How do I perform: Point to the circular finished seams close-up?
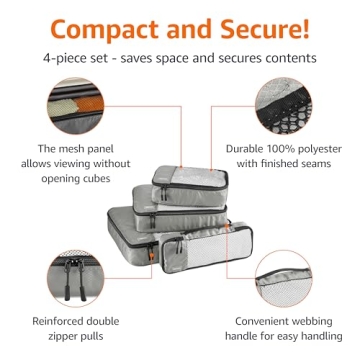click(294, 105)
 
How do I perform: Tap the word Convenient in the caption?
click(256, 322)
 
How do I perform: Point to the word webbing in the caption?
click(318, 322)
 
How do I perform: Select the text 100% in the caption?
click(277, 149)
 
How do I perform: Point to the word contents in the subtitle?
click(290, 58)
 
